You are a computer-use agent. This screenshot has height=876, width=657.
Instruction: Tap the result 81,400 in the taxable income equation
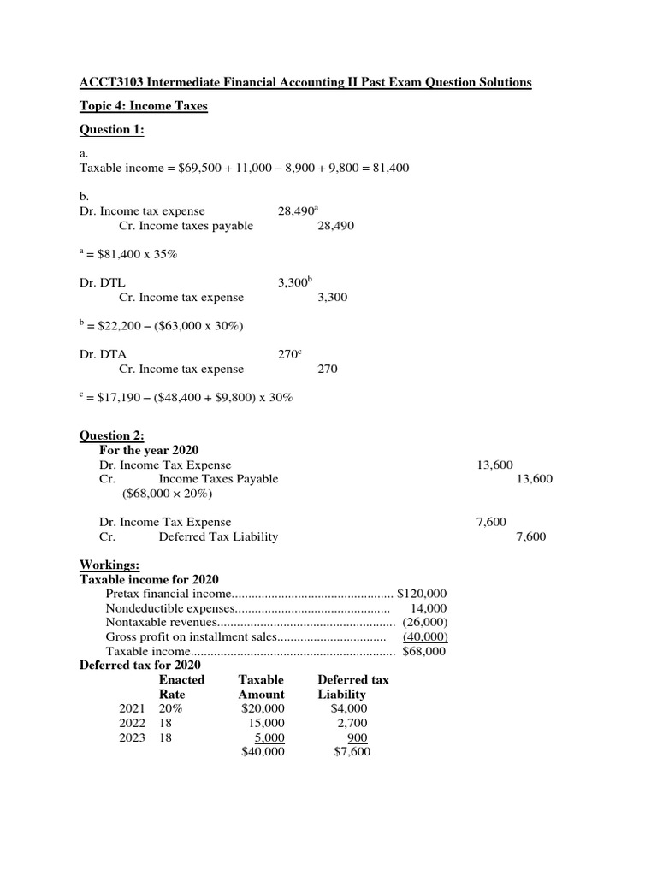tap(390, 169)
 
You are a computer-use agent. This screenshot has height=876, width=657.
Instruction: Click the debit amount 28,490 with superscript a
tap(296, 210)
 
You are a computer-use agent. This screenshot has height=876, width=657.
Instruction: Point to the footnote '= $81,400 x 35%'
tap(128, 256)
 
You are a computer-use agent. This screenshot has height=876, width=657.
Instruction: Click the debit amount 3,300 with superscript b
tap(293, 282)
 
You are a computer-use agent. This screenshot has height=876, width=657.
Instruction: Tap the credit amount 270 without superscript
tap(328, 370)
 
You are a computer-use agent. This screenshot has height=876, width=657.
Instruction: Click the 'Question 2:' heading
tap(112, 435)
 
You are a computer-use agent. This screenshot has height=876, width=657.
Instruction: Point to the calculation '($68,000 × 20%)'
tap(168, 494)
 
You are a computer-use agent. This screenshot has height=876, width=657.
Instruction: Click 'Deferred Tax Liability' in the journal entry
tap(218, 537)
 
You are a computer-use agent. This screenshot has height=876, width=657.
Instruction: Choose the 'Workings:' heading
tap(109, 565)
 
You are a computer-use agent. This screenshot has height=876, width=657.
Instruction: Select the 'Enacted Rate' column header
tap(181, 687)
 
